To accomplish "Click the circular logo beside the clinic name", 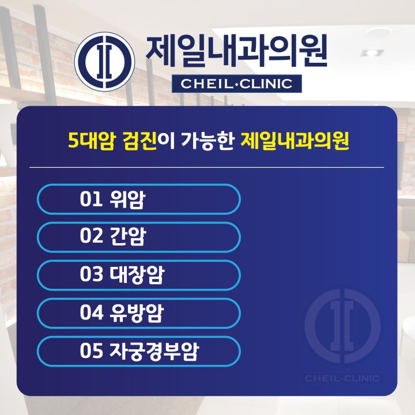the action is tap(104, 62).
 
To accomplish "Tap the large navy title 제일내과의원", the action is tap(236, 52).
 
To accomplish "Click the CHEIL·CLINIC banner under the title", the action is tap(237, 84).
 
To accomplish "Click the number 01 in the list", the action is tap(91, 199).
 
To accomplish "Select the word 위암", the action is tap(127, 199).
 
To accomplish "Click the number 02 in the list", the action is tap(91, 236).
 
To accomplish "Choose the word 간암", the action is tap(128, 237).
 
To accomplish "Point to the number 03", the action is tap(91, 274).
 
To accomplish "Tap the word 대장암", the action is tap(137, 274).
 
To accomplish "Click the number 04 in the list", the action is tap(91, 312).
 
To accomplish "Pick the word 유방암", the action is tap(137, 313).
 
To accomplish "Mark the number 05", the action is tap(91, 350).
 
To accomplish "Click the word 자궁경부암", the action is tap(154, 351).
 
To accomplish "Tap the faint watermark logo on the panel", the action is tap(342, 326).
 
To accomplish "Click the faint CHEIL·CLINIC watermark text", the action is tap(342, 379).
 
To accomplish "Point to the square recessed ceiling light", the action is tap(372, 52).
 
